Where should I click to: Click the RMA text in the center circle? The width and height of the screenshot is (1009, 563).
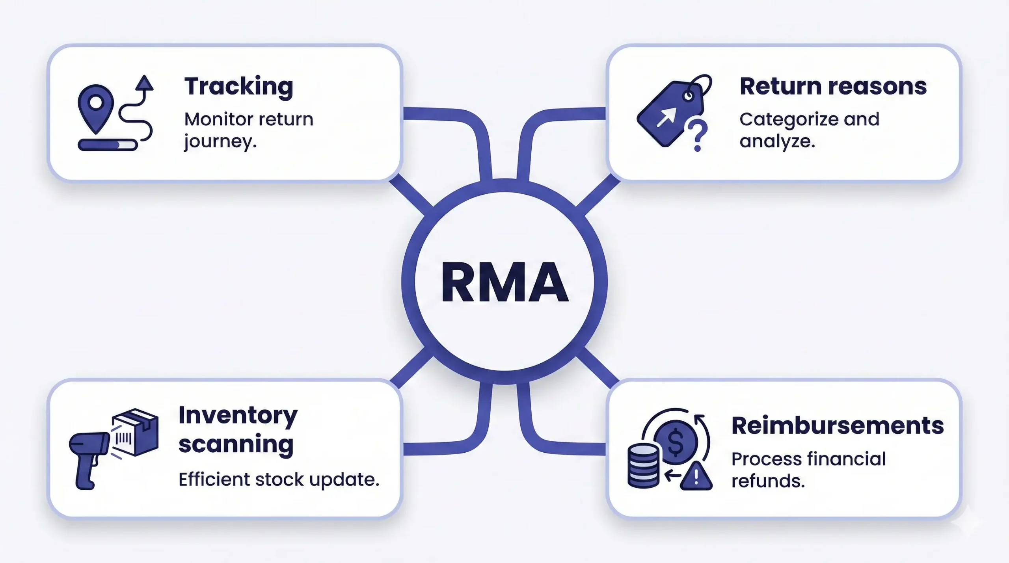coord(504,282)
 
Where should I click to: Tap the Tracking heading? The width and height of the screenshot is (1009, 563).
coord(239,87)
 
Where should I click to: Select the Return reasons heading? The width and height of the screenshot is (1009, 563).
coord(833,86)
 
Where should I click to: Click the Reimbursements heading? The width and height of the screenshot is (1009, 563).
coord(838,426)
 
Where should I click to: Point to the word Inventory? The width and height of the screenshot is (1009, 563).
coord(238,416)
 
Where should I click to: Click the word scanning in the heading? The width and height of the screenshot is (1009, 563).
coord(236,444)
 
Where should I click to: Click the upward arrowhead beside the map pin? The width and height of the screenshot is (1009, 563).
coord(144,83)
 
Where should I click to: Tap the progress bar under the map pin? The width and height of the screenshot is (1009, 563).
coord(107,145)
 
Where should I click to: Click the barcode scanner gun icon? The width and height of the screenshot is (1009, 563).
coord(89,457)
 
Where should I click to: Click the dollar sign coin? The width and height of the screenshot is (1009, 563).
coord(676,442)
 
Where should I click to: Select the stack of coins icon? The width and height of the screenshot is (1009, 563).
coord(643,466)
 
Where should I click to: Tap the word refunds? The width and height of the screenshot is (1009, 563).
coord(768,481)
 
